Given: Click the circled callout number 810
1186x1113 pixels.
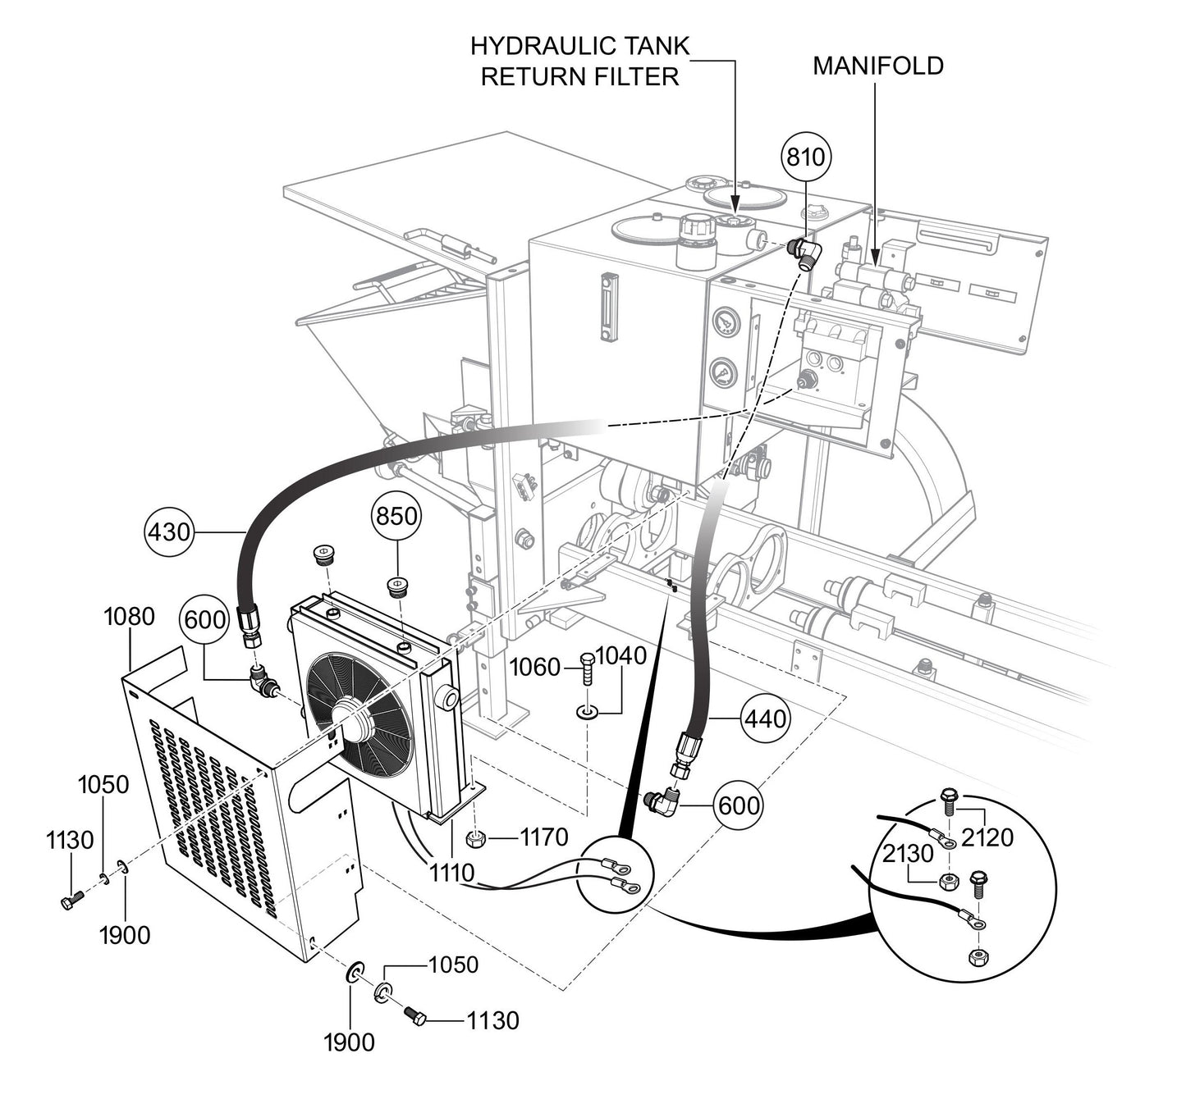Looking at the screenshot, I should (x=805, y=157).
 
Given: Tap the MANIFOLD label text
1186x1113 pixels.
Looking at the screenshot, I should (x=877, y=66).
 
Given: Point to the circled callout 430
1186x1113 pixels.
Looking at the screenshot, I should (x=169, y=533).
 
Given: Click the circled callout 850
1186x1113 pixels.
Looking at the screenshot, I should (x=397, y=517).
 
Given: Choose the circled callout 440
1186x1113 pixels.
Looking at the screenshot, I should (x=765, y=718).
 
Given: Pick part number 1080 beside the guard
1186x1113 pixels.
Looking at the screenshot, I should (x=129, y=616).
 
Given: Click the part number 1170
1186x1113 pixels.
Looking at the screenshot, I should (x=544, y=837).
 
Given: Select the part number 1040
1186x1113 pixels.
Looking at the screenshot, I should (x=620, y=656).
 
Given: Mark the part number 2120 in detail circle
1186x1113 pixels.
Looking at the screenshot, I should (x=987, y=837).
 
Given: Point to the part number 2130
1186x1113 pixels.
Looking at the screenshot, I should (x=909, y=854).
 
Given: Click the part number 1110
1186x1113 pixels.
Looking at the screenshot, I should (x=451, y=873).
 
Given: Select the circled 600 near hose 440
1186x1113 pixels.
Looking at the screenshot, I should (x=739, y=805).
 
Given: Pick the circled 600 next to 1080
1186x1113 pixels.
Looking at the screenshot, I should (x=204, y=620).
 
